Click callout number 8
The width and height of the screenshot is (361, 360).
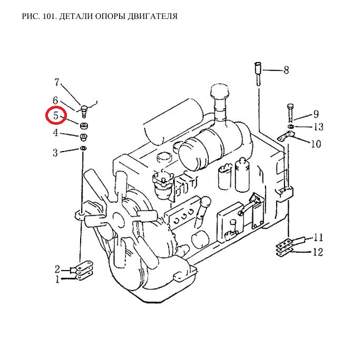click(286, 70)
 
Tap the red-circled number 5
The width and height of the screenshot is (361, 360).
click(56, 115)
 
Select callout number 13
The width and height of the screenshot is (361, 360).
click(319, 127)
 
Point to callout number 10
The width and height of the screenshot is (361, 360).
click(316, 144)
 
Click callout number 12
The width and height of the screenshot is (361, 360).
click(318, 253)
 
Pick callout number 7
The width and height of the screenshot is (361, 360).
click(56, 82)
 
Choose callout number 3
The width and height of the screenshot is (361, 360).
click(55, 153)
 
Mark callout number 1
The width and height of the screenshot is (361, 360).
click(57, 279)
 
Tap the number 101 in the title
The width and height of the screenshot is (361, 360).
click(50, 16)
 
